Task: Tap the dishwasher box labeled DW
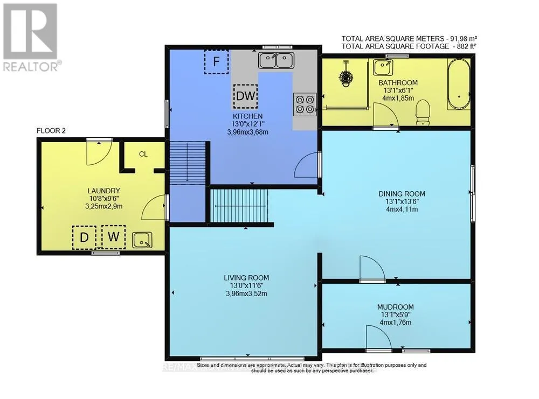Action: [246, 96]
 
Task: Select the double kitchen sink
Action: [276, 60]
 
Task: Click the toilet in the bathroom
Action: [423, 113]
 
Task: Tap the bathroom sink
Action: [384, 68]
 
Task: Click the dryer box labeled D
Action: [84, 237]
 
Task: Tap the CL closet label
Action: [143, 154]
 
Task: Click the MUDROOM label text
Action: [396, 307]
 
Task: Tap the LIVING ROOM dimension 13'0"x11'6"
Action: [246, 285]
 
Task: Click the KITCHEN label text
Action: [247, 116]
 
